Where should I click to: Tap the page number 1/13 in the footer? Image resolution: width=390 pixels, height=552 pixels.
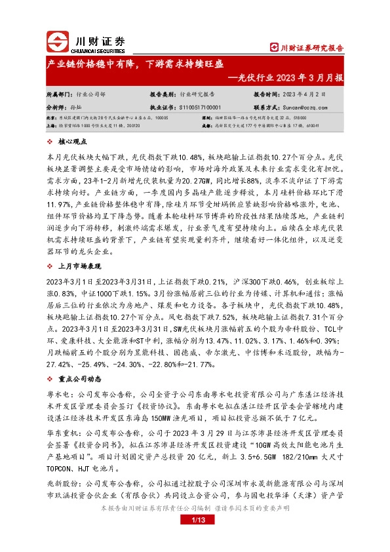point(195,538)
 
